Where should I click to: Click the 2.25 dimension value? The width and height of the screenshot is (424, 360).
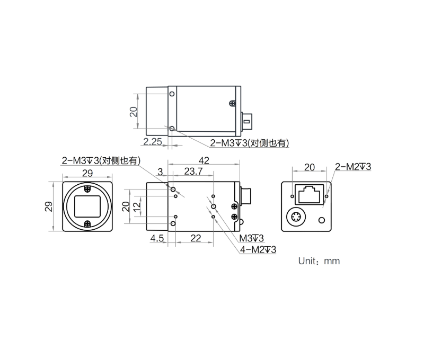click(153, 141)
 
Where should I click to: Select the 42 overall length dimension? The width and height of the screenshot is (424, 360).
click(204, 160)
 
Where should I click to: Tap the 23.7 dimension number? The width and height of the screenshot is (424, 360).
click(193, 171)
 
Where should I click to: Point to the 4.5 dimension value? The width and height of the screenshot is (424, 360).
click(157, 238)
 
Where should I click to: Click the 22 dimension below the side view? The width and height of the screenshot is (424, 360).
click(196, 238)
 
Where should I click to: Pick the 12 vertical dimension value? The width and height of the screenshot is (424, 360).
click(137, 206)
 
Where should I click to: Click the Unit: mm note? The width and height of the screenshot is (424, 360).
click(319, 261)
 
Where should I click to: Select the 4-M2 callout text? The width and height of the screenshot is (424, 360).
click(258, 249)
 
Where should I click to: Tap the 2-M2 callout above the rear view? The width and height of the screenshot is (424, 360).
click(353, 167)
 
